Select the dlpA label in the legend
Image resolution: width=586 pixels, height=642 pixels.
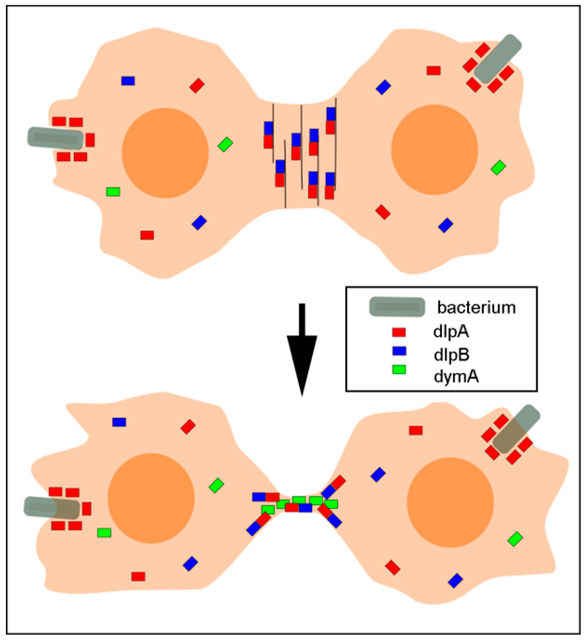(x=451, y=332)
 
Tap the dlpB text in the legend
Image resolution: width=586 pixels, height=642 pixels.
(x=451, y=354)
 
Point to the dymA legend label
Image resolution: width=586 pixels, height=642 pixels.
(x=456, y=377)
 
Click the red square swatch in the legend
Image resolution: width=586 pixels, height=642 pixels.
(x=399, y=332)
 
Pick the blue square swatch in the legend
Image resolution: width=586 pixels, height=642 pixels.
(x=399, y=351)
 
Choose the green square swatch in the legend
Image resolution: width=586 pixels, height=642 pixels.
(x=399, y=369)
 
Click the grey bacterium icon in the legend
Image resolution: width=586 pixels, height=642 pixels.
(x=397, y=307)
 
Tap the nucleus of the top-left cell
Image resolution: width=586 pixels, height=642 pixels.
(x=165, y=153)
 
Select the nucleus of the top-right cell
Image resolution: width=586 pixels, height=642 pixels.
(x=434, y=150)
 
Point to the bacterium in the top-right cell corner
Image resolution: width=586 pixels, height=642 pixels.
(x=498, y=59)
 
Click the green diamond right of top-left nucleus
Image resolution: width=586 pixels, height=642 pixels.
(x=225, y=144)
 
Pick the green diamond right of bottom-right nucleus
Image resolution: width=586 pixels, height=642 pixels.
(x=515, y=539)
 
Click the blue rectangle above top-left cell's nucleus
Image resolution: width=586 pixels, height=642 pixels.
(x=128, y=81)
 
